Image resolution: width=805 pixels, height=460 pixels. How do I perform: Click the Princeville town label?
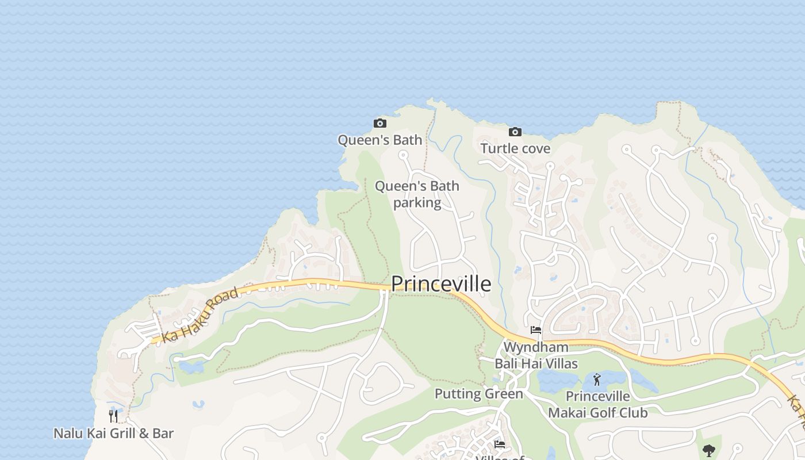[441, 284]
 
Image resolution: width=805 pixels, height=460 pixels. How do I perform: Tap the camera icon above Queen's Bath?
[379, 123]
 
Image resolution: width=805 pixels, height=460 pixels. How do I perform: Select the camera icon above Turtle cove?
[515, 132]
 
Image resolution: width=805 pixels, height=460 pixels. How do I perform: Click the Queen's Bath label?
[379, 140]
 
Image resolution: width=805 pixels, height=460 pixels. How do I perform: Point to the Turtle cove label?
[515, 148]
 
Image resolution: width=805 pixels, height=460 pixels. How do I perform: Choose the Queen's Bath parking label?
[417, 194]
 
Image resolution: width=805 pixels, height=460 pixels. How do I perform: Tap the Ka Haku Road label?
[200, 315]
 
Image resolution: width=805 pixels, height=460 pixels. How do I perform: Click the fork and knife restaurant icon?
[113, 416]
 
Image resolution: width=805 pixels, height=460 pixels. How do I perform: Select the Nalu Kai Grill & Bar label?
[113, 433]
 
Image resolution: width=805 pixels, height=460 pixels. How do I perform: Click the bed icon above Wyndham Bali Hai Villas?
[536, 330]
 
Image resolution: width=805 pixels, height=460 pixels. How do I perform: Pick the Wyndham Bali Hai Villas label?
[536, 355]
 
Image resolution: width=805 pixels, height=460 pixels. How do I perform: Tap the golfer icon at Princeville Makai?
[597, 379]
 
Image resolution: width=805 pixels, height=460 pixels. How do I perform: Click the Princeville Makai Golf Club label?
[597, 405]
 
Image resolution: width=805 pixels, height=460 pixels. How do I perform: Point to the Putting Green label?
[478, 394]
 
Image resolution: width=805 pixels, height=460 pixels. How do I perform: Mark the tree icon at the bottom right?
[709, 450]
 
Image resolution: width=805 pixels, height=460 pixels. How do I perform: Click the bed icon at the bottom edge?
[499, 444]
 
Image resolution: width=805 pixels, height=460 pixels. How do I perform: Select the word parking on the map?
[417, 203]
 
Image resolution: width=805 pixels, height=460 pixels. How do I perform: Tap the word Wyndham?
[536, 347]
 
